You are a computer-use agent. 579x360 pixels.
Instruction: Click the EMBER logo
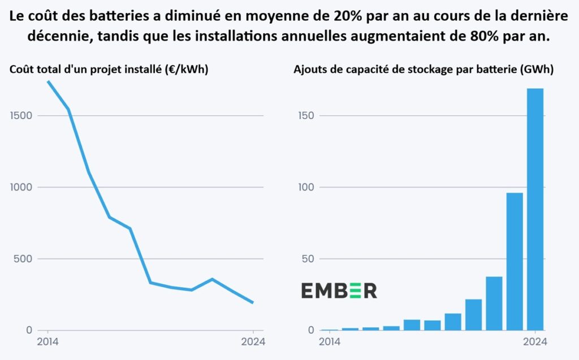pos(339,290)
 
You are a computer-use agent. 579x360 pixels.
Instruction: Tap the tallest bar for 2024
pos(535,209)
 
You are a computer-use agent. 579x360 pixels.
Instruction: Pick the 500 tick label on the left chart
pos(25,259)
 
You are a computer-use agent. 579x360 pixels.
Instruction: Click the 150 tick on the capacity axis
pos(305,116)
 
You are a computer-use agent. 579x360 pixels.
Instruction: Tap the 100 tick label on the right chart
pos(305,187)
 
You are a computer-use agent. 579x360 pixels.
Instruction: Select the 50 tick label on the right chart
pos(308,259)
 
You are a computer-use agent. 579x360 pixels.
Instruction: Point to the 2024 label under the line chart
pos(253,341)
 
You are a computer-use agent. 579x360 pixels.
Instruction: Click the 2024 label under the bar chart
pos(534,341)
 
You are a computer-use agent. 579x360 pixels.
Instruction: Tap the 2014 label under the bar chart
pos(330,341)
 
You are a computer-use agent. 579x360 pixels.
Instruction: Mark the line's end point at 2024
pos(253,303)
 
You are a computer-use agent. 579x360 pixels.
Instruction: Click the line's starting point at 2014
pos(48,81)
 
